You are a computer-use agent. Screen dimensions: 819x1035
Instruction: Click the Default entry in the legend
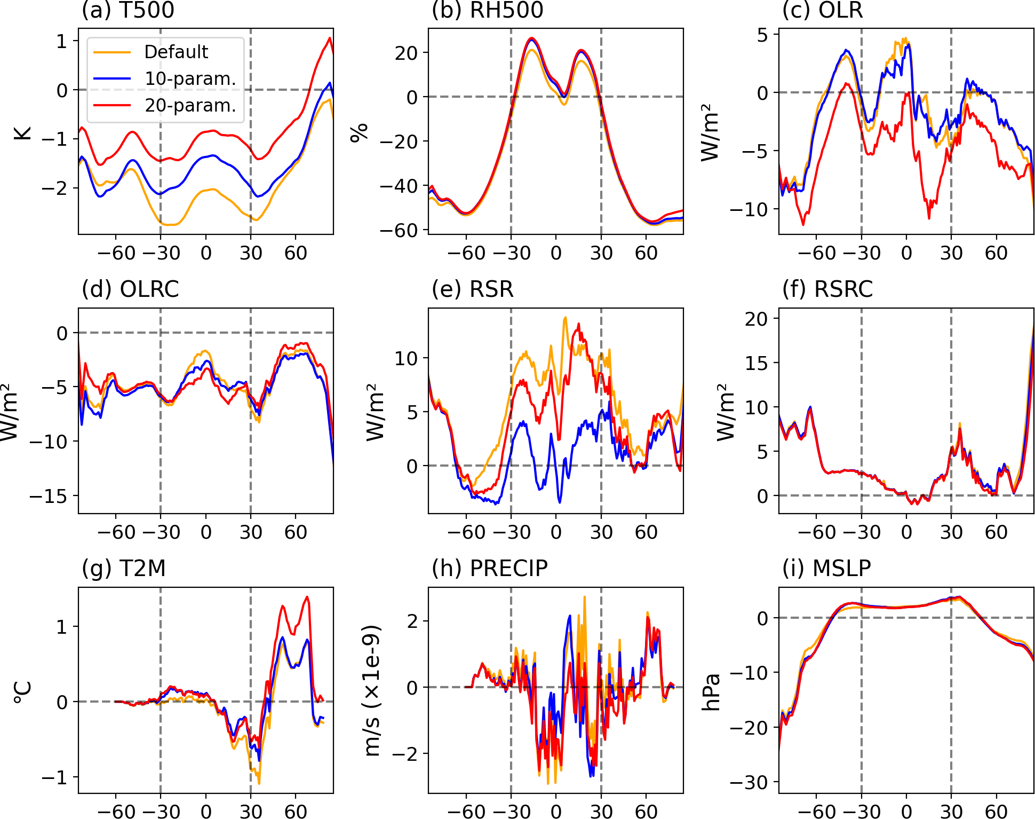[x=176, y=52]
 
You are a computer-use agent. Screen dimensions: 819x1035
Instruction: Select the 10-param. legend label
[x=190, y=78]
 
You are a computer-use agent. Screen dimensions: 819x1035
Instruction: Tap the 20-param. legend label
[x=190, y=106]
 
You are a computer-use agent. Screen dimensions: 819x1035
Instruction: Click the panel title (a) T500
[x=128, y=10]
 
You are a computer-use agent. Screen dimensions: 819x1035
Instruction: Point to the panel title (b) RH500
[x=487, y=10]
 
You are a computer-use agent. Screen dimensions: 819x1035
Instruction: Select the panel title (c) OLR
[x=822, y=10]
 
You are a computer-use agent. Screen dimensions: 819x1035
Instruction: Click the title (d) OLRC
[x=130, y=289]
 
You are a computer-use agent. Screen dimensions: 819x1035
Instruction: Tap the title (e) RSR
[x=472, y=289]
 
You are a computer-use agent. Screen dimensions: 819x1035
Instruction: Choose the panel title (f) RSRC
[x=827, y=289]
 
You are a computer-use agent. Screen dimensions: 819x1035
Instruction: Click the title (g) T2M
[x=123, y=569]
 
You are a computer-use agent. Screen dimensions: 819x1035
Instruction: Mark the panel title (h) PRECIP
[x=489, y=569]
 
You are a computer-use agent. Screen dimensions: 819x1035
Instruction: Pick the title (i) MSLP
[x=826, y=569]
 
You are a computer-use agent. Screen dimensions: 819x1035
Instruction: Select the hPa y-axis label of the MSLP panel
[x=711, y=691]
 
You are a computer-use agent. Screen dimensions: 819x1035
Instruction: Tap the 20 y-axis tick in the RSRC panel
[x=755, y=319]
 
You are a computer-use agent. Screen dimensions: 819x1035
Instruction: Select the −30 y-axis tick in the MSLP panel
[x=749, y=783]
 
